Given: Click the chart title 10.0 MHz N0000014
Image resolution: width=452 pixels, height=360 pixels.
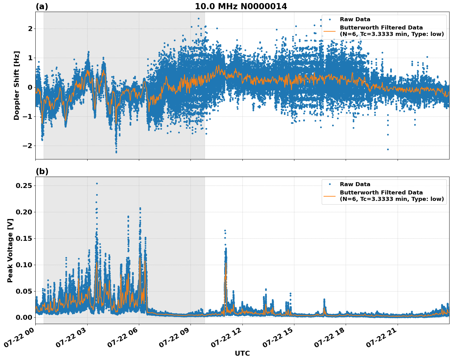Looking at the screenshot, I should point(241,6).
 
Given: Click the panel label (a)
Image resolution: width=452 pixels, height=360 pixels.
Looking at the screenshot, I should point(42,6).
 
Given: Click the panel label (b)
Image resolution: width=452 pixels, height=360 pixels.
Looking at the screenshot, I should point(42,171).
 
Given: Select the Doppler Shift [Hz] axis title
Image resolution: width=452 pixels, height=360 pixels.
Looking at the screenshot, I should point(17,85).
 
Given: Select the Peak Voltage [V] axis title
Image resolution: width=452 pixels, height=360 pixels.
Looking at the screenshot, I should point(10,250).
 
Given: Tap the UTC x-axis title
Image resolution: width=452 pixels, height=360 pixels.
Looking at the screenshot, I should point(242,353).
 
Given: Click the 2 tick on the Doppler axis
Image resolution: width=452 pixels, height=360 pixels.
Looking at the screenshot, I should point(30,29).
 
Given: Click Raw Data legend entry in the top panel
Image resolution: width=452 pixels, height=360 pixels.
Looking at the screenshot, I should point(355,19).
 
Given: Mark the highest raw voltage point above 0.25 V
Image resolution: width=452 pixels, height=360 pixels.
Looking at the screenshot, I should point(97,183).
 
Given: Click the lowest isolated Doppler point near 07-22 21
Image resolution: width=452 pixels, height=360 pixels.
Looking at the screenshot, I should point(388,149).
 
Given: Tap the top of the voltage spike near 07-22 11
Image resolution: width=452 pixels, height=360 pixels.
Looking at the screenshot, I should point(225,230).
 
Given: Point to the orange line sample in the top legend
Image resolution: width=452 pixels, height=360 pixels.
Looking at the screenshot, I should point(330,31).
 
